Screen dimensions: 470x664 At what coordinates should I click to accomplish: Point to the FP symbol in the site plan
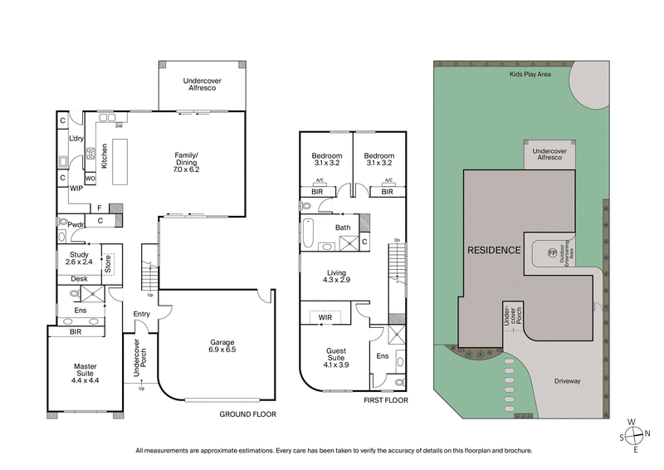552,252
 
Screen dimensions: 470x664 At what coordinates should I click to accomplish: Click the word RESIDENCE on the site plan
493,249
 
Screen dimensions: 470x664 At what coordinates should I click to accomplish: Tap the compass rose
635,433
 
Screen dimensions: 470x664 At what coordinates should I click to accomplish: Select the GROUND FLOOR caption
247,414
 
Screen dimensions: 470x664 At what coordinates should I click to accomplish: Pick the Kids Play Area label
530,73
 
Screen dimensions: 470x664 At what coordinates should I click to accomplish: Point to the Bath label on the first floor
343,227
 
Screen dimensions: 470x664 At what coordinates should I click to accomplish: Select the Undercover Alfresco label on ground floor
200,86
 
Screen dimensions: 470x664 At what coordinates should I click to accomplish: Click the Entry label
141,313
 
